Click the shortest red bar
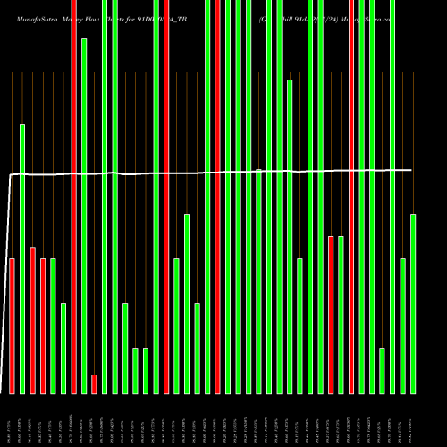pyautogui.click(x=94, y=384)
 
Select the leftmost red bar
pyautogui.click(x=12, y=325)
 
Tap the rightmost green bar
pyautogui.click(x=413, y=304)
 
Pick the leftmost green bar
pyautogui.click(x=22, y=259)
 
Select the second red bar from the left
pyautogui.click(x=32, y=320)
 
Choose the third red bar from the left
pyautogui.click(x=43, y=325)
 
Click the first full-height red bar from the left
pyautogui.click(x=73, y=197)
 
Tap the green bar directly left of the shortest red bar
pyautogui.click(x=84, y=215)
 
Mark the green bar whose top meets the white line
pyautogui.click(x=258, y=281)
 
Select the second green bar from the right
pyautogui.click(x=403, y=325)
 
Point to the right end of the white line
pyautogui.click(x=412, y=170)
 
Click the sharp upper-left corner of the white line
pyautogui.click(x=12, y=175)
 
